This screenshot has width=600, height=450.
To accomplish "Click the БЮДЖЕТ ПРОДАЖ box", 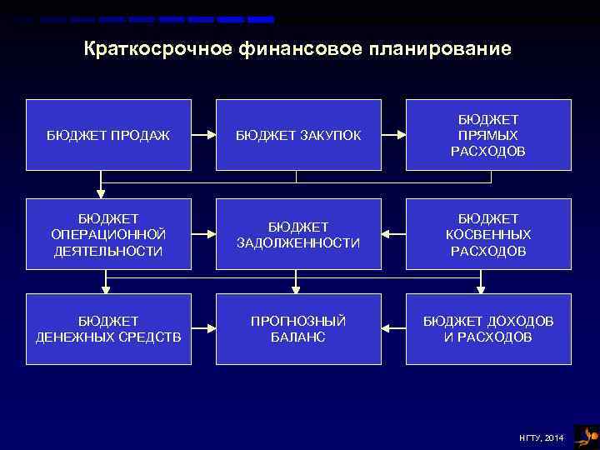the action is tap(108, 135).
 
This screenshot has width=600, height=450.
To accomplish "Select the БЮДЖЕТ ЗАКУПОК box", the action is tap(298, 135).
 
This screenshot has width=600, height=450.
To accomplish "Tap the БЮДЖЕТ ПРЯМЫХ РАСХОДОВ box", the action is tap(488, 135).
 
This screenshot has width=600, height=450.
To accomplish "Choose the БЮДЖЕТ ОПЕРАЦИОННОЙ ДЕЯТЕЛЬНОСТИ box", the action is tap(108, 234).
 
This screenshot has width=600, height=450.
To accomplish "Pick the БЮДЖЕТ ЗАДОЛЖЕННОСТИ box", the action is tap(298, 234).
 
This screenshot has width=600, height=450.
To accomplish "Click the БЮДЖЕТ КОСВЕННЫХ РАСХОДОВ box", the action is tap(488, 234).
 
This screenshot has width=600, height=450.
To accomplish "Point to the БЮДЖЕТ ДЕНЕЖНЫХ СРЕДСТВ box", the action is tap(108, 329).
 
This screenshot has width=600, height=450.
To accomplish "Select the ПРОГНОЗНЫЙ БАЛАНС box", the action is tap(298, 329).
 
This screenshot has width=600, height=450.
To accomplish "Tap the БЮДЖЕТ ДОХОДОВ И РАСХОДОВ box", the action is tap(488, 329).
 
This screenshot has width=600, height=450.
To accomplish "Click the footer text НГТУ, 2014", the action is tap(541, 437).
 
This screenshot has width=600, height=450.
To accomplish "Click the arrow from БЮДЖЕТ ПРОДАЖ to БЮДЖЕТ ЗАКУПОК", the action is tap(203, 133).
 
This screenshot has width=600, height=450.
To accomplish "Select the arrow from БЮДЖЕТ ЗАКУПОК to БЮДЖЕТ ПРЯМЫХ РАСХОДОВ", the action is tap(393, 133).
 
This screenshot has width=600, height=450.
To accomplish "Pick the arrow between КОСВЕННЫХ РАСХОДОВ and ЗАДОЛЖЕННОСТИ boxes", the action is tap(393, 233).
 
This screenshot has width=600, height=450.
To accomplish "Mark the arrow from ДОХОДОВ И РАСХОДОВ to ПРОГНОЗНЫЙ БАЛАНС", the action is tap(393, 328).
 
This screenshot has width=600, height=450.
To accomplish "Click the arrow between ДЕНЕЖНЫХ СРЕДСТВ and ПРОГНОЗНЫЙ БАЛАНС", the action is tap(203, 328).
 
